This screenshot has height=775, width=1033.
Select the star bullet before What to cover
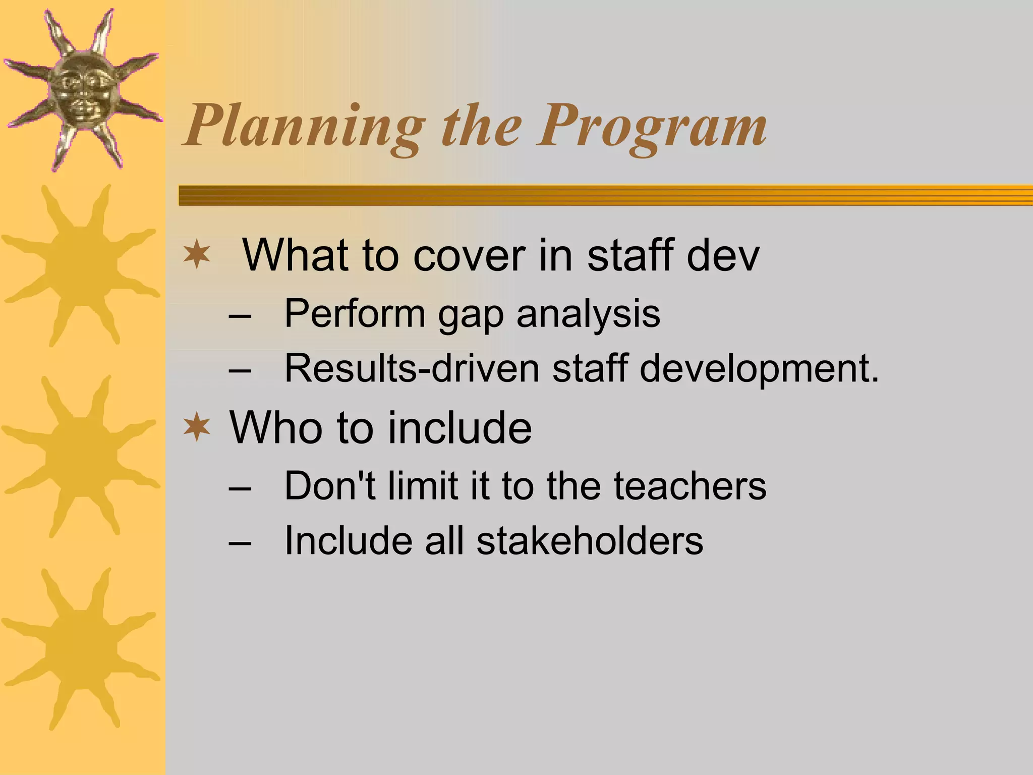pyautogui.click(x=197, y=255)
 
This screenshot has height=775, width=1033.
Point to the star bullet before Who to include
pyautogui.click(x=197, y=427)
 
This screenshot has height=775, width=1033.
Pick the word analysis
pyautogui.click(x=588, y=314)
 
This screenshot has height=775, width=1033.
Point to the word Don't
pyautogui.click(x=330, y=486)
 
